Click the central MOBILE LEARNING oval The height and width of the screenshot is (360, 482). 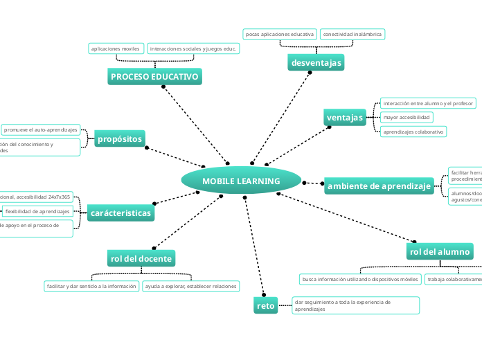click(x=241, y=181)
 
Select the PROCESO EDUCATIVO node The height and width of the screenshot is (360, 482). click(x=154, y=76)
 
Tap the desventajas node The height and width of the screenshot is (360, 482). click(x=316, y=63)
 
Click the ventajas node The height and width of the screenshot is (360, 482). click(x=345, y=118)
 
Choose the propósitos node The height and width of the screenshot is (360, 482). click(x=120, y=139)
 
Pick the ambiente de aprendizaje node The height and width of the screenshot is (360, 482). click(x=380, y=186)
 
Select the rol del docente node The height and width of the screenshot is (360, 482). click(x=141, y=258)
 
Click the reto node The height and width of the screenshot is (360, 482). click(x=265, y=305)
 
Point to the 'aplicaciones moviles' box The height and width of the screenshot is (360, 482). click(x=116, y=48)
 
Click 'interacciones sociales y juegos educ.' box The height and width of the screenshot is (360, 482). click(x=194, y=48)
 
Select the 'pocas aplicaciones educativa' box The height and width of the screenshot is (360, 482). click(x=280, y=34)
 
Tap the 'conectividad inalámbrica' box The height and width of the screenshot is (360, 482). click(x=352, y=34)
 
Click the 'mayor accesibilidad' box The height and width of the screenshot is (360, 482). click(x=407, y=117)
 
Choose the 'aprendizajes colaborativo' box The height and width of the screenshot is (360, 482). click(x=413, y=132)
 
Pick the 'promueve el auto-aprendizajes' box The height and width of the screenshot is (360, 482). click(x=41, y=129)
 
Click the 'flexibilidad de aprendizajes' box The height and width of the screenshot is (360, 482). click(x=37, y=211)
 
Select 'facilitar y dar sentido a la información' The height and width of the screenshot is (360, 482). click(x=91, y=286)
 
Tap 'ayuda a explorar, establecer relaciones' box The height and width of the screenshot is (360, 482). click(x=190, y=286)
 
